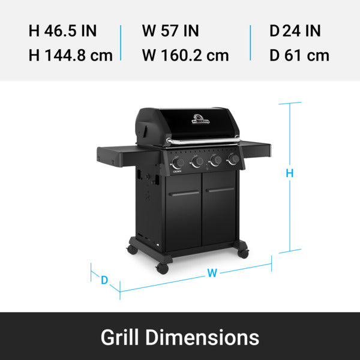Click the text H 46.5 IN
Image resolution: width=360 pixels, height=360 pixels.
(62, 31)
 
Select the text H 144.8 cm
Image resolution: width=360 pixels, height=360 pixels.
(71, 55)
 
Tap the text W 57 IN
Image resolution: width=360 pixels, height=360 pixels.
(170, 31)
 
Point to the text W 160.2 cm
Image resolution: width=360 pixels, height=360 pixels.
(185, 55)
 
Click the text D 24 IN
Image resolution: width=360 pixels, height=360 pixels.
(295, 31)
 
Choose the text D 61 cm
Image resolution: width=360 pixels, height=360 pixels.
(299, 55)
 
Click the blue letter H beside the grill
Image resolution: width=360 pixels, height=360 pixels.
(290, 173)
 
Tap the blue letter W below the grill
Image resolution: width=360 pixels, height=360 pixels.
(212, 273)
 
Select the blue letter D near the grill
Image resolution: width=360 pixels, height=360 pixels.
(104, 280)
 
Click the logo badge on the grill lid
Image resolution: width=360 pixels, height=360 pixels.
(200, 119)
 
